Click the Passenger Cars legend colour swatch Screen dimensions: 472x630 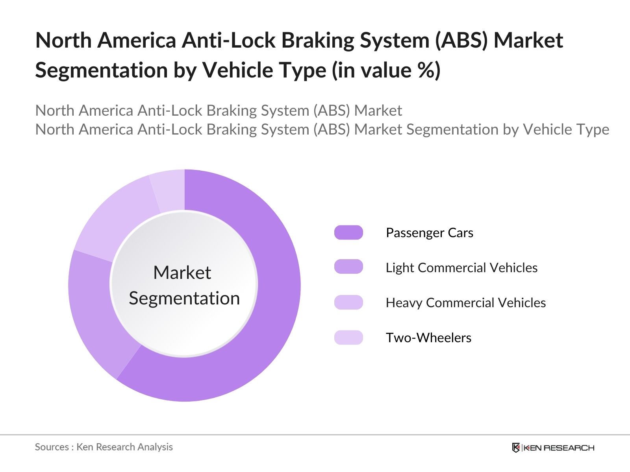coord(348,232)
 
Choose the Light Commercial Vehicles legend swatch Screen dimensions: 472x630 coord(348,267)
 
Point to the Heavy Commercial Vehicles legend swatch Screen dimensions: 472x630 coord(348,302)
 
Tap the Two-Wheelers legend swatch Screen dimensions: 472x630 coord(348,337)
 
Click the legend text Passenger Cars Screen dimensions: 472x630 coord(429,233)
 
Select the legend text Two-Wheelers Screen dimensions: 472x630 coord(428,338)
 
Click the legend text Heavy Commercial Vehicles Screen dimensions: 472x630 coord(465,303)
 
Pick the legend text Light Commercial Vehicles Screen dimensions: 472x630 coord(461,268)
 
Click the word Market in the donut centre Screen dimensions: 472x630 coord(182,273)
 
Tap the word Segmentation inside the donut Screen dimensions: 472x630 coord(184,298)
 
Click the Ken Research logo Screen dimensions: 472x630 coord(553,448)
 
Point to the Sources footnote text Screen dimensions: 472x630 coord(104,447)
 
